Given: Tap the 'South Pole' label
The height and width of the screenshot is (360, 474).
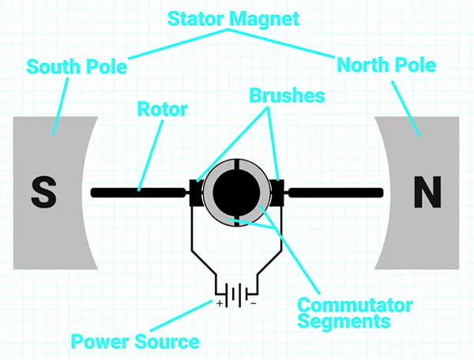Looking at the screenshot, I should tap(77, 66).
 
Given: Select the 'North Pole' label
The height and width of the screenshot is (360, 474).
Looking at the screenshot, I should tap(386, 65).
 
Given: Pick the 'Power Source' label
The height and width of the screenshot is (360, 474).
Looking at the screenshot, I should tap(135, 342).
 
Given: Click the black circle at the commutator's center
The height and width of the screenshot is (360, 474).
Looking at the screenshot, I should tap(237, 191).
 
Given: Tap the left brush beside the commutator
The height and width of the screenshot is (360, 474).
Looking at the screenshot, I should tap(195, 192).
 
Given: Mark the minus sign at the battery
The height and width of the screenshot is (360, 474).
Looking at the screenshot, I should tap(254, 303).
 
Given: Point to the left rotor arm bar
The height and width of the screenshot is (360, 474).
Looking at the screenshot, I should tap(142, 192).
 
